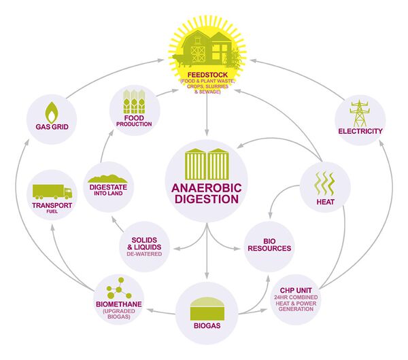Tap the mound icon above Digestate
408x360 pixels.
(113, 176)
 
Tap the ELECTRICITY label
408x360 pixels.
(360, 130)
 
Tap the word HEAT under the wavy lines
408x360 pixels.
(324, 202)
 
